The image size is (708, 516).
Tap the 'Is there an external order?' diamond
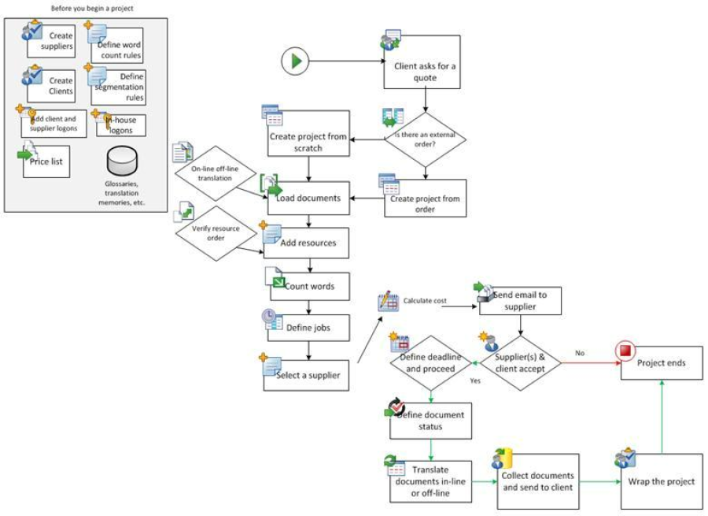point(425,139)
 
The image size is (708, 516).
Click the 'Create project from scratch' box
point(308,136)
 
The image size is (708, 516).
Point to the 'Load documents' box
point(308,199)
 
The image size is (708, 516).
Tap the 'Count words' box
point(310,286)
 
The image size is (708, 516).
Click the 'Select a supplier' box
point(307,375)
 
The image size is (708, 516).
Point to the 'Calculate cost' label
point(424,300)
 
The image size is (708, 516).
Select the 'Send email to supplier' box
point(521,301)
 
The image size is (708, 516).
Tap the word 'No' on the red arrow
point(580,353)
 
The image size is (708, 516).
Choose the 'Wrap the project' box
point(661,481)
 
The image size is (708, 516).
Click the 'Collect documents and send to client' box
point(539,481)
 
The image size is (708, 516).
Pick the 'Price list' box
point(52,161)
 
